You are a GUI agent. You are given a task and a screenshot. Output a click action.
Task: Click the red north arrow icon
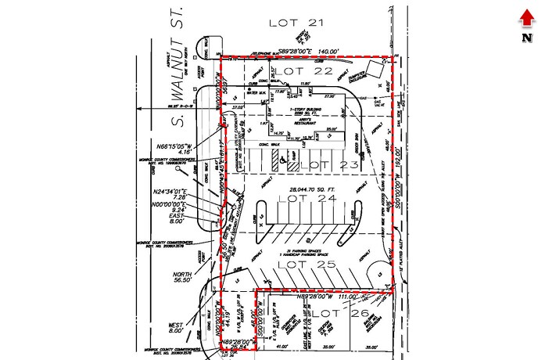[x=526, y=16]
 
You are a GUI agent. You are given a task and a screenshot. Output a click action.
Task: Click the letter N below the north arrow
[x=526, y=36]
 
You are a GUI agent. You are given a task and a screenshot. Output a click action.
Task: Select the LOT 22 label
[x=299, y=72]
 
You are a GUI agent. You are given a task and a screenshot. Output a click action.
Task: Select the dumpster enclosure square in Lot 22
[x=378, y=83]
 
